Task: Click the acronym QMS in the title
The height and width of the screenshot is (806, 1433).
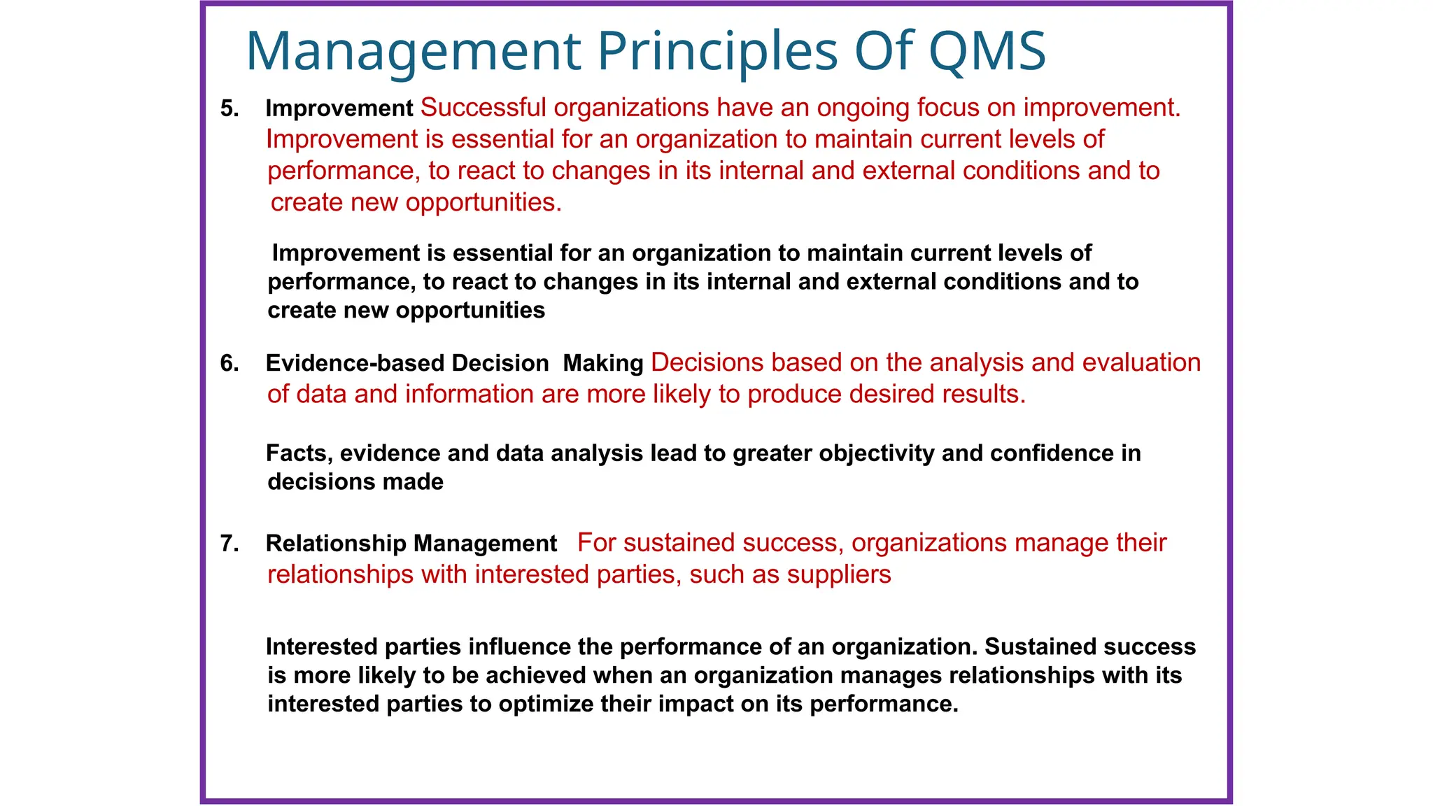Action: pos(987,52)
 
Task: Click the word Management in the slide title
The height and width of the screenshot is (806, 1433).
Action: pos(413,52)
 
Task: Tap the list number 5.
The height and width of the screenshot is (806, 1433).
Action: pos(229,108)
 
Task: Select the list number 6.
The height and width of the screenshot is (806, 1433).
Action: pos(229,363)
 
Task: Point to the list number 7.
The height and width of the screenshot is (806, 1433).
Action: pos(229,544)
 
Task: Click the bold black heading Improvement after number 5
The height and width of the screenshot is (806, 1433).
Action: pos(339,108)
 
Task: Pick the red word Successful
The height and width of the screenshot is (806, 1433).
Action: pos(483,108)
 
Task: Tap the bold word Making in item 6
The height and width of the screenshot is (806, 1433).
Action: pos(602,363)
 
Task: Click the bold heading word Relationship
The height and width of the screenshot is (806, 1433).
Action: pos(336,544)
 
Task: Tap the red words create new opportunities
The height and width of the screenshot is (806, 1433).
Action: pos(416,203)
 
